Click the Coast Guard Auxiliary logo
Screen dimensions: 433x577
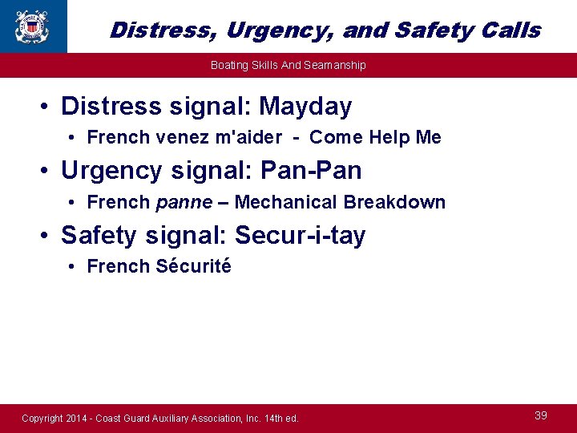point(31,26)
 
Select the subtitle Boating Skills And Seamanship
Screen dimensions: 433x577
point(288,65)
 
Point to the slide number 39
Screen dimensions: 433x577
point(541,415)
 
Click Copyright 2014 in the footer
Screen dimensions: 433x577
point(53,419)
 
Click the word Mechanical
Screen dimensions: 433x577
point(287,202)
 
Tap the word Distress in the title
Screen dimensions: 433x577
point(163,30)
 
